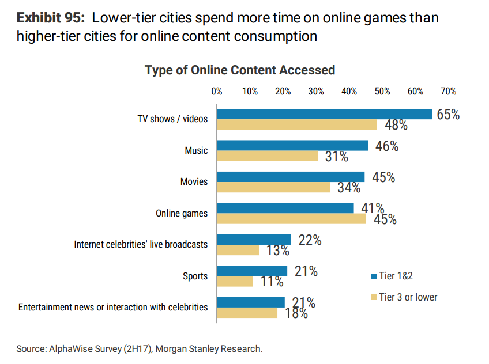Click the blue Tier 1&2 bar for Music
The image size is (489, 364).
click(x=292, y=146)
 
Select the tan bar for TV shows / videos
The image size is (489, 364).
click(x=296, y=124)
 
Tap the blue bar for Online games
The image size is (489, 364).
click(x=285, y=208)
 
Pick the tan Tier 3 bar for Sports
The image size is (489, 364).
click(x=235, y=281)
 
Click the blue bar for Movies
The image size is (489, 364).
click(x=290, y=177)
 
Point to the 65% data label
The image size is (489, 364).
click(x=448, y=115)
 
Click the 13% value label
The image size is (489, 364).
click(x=277, y=251)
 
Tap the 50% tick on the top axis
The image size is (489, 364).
click(x=382, y=91)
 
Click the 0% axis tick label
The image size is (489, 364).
click(x=217, y=91)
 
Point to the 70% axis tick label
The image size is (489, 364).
click(x=448, y=91)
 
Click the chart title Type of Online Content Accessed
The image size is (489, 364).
click(x=239, y=70)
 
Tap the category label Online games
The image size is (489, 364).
click(x=182, y=213)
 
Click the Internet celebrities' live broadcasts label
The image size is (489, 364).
click(x=141, y=244)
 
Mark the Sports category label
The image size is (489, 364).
click(x=195, y=276)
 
